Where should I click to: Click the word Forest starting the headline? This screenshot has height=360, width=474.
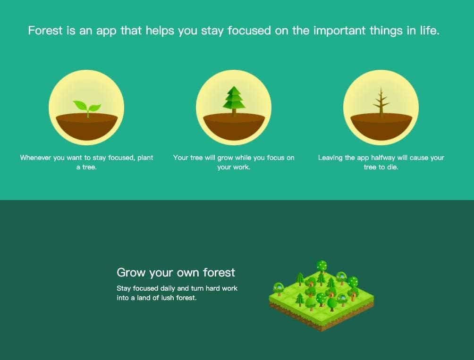click(45, 31)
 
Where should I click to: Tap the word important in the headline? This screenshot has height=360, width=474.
click(339, 31)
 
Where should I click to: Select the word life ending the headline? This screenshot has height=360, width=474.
click(429, 31)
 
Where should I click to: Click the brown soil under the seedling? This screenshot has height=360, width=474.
click(87, 126)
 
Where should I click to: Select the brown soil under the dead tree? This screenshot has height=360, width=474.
click(381, 126)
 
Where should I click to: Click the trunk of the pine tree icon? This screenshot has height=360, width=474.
click(234, 113)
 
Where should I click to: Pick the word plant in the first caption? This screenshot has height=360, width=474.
click(145, 158)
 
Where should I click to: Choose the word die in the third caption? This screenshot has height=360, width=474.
click(392, 167)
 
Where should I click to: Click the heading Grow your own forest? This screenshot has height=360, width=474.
click(176, 272)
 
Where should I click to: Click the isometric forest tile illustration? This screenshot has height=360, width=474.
click(322, 296)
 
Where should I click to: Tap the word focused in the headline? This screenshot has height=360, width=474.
click(249, 31)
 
